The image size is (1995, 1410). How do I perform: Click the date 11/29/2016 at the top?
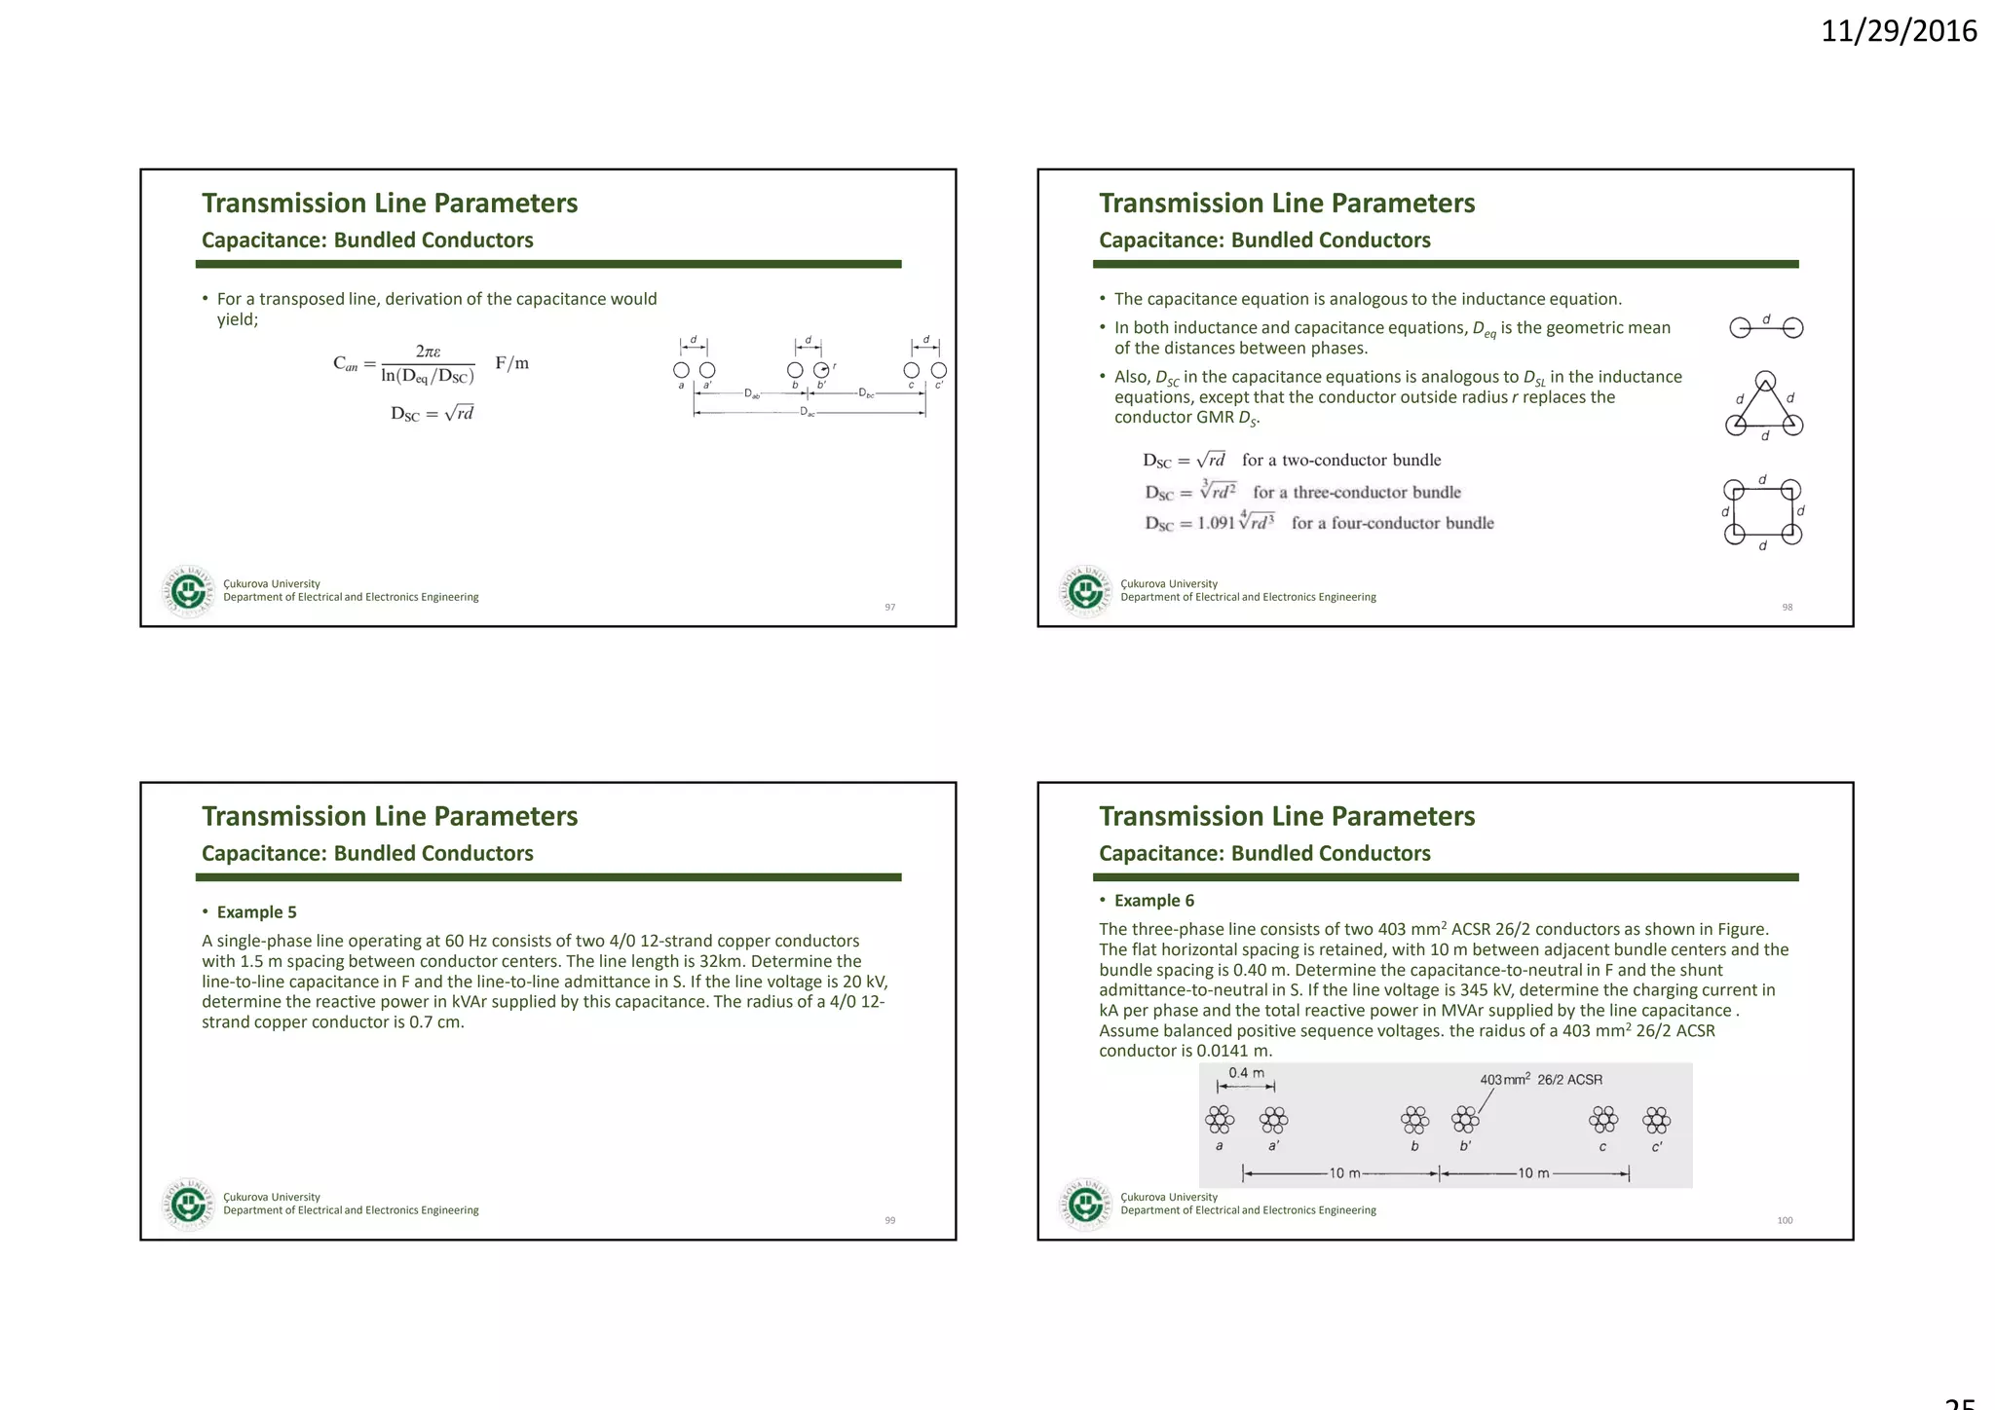point(1898,31)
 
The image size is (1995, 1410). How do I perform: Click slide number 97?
point(889,608)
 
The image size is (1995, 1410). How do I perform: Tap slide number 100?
point(1785,1221)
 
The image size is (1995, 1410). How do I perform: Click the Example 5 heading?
point(256,912)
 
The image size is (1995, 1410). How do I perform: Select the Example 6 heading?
point(1153,901)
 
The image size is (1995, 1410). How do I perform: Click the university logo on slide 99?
point(188,1205)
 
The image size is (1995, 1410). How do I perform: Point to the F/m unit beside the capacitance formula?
point(511,363)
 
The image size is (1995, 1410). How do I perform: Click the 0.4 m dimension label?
point(1246,1073)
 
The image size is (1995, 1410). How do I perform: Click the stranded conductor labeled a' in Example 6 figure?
point(1273,1120)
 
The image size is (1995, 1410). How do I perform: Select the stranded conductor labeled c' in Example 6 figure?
point(1656,1120)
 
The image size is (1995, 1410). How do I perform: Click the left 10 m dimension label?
point(1344,1173)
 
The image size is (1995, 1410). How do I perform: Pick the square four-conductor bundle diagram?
point(1763,512)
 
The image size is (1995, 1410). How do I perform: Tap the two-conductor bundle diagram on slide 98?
point(1765,328)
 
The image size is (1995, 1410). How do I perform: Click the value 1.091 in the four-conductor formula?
point(1216,523)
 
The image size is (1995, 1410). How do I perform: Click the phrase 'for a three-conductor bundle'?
point(1357,493)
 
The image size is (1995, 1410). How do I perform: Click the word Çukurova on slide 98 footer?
point(1142,584)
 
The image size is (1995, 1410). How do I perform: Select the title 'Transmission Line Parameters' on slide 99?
point(390,816)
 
